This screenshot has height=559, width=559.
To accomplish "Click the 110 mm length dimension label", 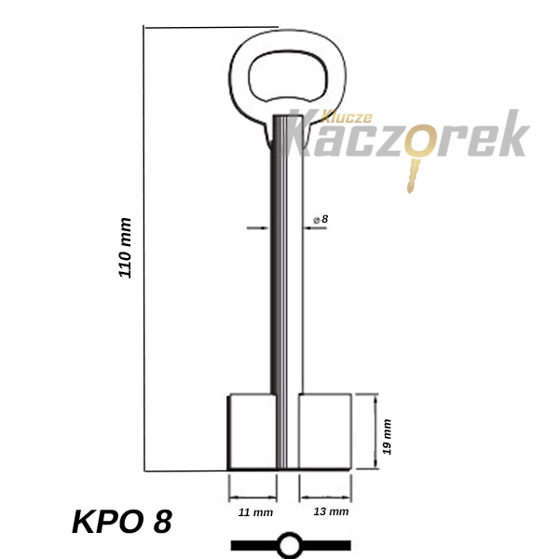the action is click(125, 248).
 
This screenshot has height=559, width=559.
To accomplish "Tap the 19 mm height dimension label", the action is click(387, 437).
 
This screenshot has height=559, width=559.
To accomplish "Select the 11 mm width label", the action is click(255, 512).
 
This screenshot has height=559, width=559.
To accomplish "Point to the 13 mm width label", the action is click(331, 511).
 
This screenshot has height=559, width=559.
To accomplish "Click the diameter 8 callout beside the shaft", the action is click(320, 219).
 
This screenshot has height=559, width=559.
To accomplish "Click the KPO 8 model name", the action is click(122, 521).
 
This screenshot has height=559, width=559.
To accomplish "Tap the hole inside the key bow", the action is click(288, 76).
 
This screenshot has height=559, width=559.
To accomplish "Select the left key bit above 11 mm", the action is click(252, 431).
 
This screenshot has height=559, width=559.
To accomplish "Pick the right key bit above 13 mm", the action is click(325, 431).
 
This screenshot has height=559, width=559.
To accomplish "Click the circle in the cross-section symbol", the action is click(289, 545).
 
